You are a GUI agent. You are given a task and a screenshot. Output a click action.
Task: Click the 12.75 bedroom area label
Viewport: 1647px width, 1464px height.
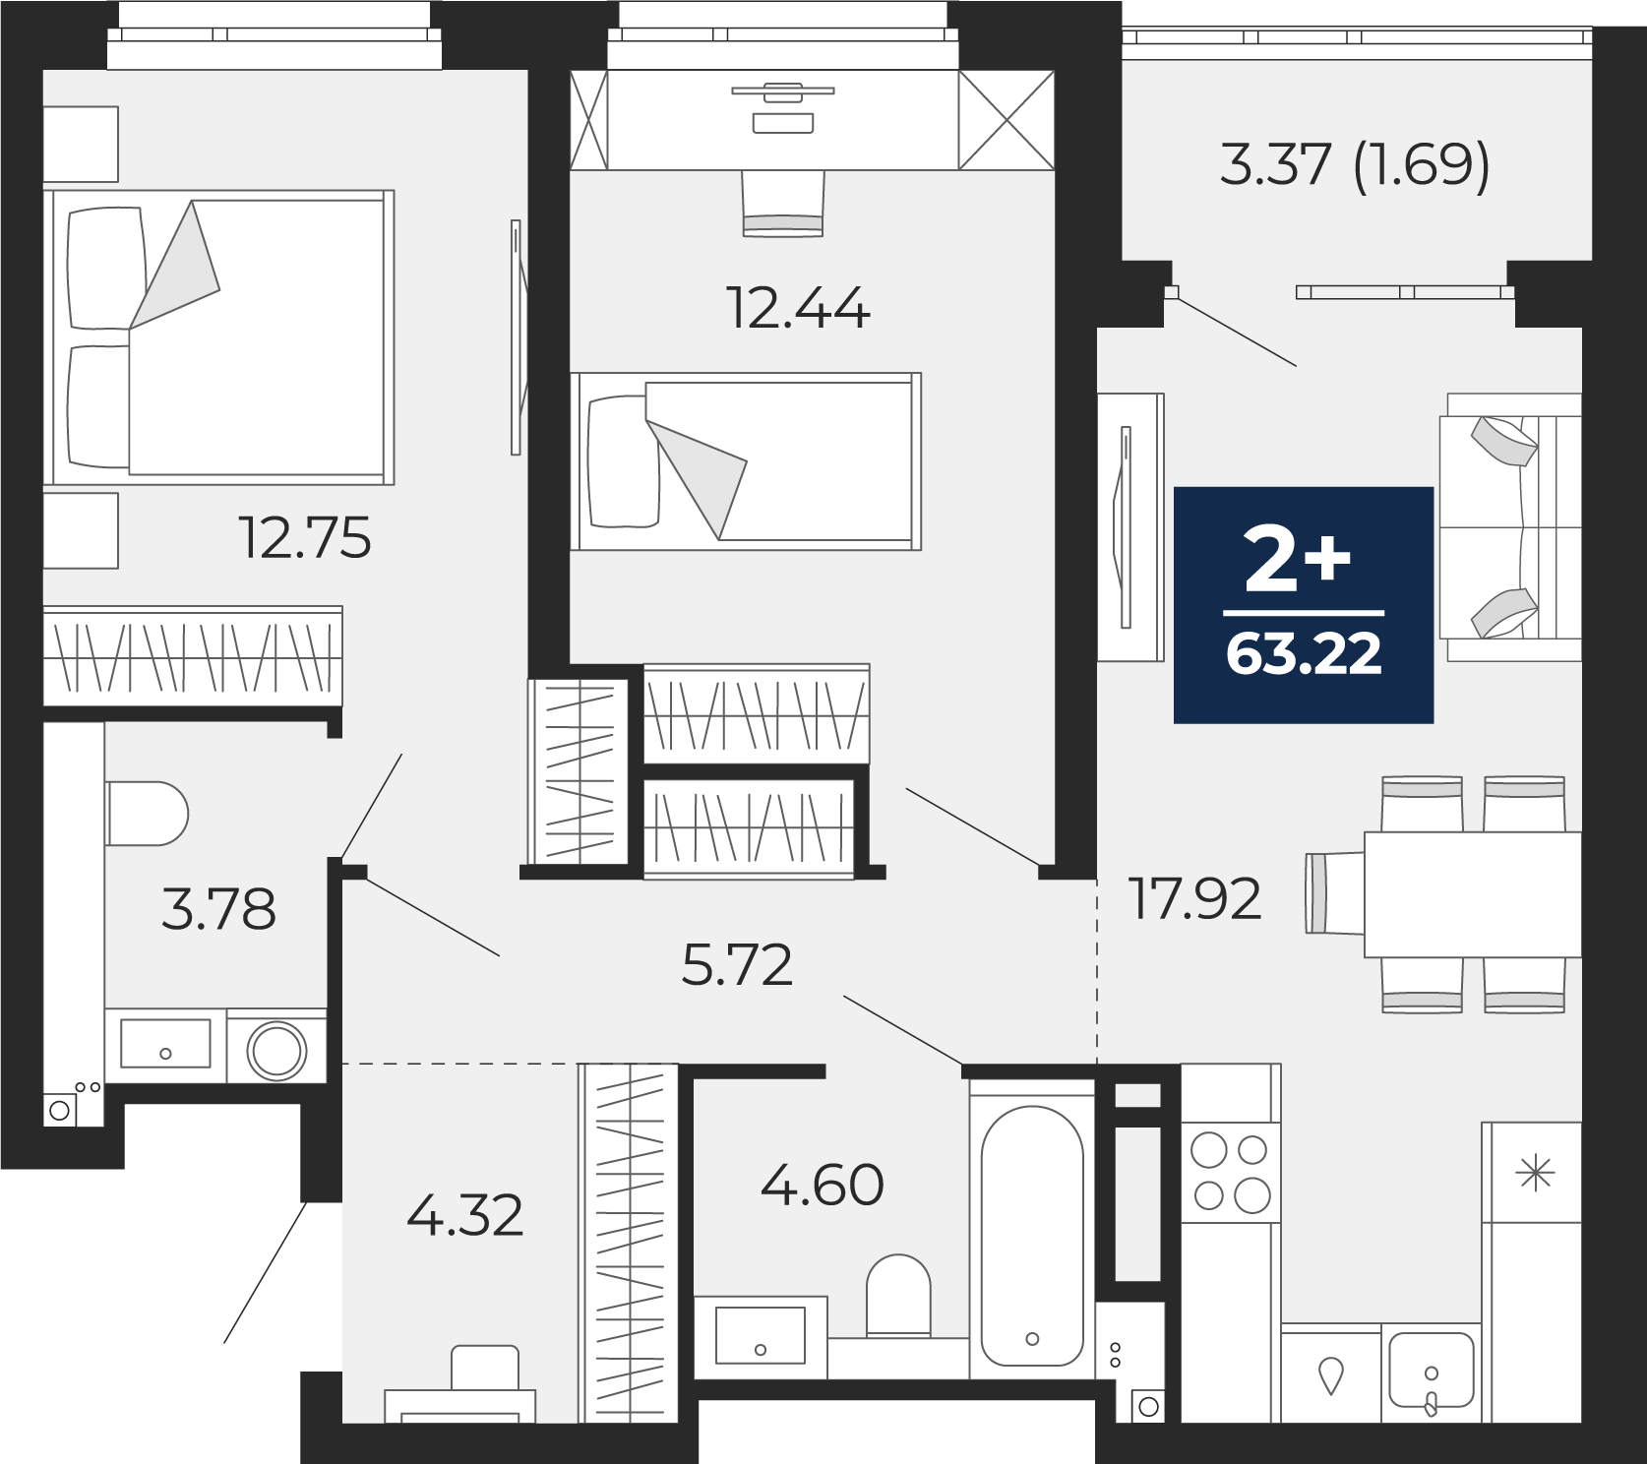(305, 538)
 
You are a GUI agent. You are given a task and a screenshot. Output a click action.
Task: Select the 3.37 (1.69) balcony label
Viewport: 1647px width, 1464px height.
(1355, 164)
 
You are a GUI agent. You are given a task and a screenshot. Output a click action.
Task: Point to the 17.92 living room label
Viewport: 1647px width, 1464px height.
(1195, 898)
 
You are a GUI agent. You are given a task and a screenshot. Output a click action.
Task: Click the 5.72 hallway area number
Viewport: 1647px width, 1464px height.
(737, 965)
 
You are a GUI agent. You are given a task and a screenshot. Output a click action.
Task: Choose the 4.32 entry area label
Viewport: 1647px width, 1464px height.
(464, 1216)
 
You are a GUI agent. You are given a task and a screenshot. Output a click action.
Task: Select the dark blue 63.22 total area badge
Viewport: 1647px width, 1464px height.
(1304, 605)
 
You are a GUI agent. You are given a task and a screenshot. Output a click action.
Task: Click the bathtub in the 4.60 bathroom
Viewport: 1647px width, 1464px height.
(1032, 1236)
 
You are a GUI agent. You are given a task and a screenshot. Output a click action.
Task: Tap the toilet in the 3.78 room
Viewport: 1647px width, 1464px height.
(147, 814)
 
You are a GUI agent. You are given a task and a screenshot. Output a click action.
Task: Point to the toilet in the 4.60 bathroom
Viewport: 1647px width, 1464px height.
(898, 1295)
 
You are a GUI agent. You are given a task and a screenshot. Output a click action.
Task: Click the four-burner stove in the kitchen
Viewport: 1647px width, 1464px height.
(1231, 1173)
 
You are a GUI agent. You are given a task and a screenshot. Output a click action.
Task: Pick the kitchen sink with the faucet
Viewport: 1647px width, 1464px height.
(1432, 1372)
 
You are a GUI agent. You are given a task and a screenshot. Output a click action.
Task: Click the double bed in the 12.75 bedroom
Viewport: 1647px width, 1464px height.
(218, 337)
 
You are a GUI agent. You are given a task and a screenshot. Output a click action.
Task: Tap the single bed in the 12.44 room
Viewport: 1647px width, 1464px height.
(746, 460)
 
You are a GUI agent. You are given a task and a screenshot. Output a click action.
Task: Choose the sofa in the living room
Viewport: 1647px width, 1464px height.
(1510, 527)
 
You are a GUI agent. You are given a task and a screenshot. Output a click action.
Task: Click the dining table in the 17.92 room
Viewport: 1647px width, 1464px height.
(1472, 894)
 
